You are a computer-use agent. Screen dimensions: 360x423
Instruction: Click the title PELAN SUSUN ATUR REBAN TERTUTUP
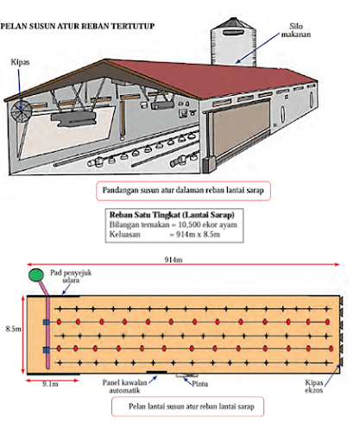(78, 26)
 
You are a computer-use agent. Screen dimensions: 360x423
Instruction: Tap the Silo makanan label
(296, 30)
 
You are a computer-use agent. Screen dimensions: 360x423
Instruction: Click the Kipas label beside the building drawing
(20, 62)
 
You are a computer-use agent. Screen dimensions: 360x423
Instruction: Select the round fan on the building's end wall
(22, 111)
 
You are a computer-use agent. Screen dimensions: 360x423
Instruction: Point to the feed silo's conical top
(233, 22)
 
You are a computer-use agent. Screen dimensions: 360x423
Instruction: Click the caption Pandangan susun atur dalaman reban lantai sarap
(183, 191)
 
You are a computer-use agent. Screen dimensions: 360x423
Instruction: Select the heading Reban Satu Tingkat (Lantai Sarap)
(172, 215)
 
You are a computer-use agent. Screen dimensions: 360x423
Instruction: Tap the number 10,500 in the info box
(189, 224)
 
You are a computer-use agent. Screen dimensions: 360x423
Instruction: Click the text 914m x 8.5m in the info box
(198, 235)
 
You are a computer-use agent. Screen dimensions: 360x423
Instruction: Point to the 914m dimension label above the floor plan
(174, 260)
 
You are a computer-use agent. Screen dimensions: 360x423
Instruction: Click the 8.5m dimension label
(14, 329)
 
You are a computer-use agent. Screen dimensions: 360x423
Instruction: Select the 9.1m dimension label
(50, 384)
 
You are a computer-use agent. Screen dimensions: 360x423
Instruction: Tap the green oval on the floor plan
(36, 275)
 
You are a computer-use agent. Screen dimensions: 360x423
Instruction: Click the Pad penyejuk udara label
(71, 276)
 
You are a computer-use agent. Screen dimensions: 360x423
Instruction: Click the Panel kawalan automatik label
(124, 387)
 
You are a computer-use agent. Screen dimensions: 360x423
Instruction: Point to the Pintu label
(200, 384)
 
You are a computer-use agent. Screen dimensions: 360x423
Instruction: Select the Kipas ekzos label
(314, 387)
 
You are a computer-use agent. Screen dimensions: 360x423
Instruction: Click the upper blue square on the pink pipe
(46, 322)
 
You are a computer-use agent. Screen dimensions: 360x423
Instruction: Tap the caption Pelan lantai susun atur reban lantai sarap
(192, 407)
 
